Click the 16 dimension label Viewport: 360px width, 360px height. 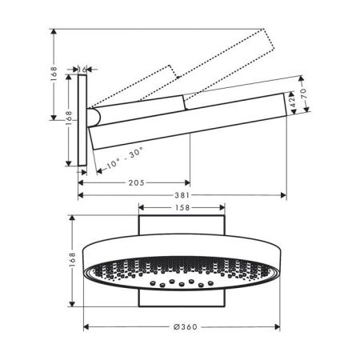tap(82, 70)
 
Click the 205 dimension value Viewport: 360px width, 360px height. tap(137, 183)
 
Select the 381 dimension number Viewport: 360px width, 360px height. tap(182, 195)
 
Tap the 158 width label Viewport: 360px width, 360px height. tap(182, 207)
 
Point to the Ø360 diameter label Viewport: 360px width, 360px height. tap(186, 327)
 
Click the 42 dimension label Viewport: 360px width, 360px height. tap(293, 102)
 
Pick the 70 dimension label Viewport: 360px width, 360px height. tap(304, 93)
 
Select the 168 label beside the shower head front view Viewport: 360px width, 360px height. tap(72, 259)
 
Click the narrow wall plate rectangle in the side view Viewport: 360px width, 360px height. tap(82, 120)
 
